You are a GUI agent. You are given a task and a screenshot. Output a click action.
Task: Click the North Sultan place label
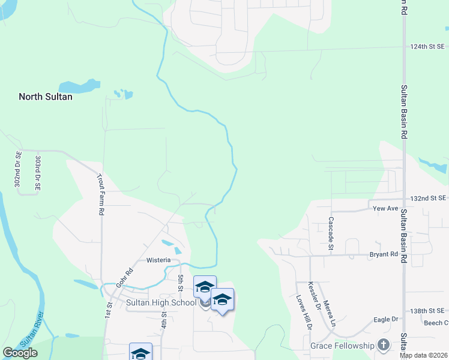[46, 97]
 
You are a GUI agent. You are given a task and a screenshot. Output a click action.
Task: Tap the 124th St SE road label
[427, 47]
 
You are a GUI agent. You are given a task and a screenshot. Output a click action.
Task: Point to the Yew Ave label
[385, 209]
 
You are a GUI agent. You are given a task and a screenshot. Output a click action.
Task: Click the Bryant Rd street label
[385, 254]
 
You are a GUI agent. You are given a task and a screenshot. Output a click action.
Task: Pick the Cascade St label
[331, 231]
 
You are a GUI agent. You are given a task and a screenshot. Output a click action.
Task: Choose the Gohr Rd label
[124, 278]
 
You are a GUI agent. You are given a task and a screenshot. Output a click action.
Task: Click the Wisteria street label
[160, 260]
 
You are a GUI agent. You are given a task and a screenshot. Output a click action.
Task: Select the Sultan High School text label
[161, 302]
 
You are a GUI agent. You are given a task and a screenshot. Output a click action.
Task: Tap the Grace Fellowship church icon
[384, 345]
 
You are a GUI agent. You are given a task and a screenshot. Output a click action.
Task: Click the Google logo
[20, 353]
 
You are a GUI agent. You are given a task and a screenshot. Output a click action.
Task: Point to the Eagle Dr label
[386, 320]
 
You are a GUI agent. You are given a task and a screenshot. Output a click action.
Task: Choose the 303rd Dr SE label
[38, 174]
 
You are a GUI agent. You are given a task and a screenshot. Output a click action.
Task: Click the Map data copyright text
[423, 355]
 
